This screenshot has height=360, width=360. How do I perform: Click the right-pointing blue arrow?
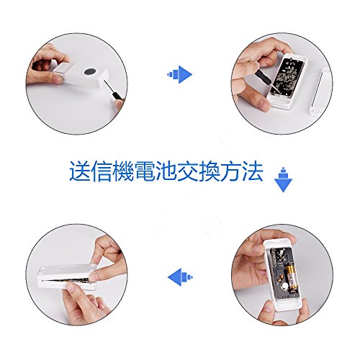point(180,74)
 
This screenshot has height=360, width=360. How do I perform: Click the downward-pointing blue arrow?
point(283,180)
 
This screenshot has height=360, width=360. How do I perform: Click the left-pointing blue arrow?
point(180,277)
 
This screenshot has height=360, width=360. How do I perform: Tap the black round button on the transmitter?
point(90,71)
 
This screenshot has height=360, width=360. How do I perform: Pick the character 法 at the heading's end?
point(253,171)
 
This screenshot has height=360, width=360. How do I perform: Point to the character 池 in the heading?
point(166,171)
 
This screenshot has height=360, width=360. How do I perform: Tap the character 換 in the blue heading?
point(210,171)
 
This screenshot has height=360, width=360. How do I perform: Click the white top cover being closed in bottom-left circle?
point(67,272)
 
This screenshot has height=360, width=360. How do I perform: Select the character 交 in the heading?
point(188,171)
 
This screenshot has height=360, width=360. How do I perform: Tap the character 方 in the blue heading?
point(231,171)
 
